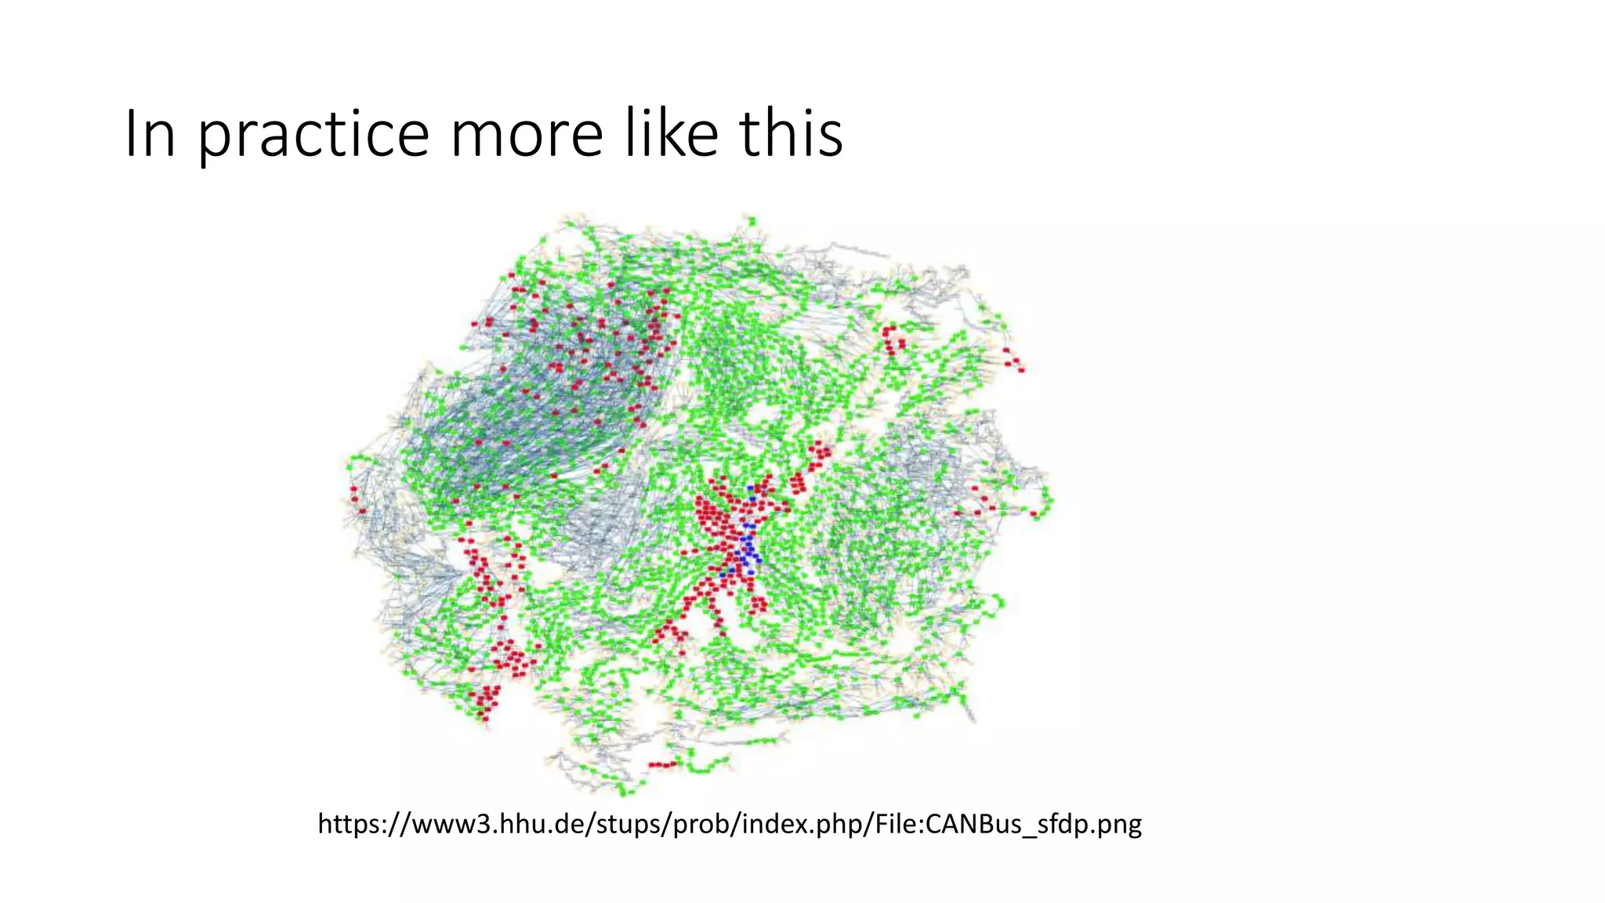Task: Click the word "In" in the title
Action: pyautogui.click(x=150, y=134)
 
